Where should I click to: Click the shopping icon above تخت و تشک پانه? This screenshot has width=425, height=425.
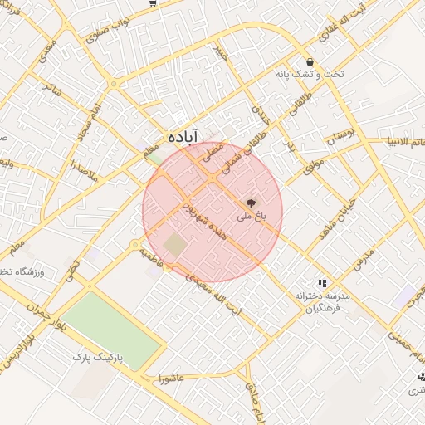[310, 61]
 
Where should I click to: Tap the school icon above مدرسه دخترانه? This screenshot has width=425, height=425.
[321, 283]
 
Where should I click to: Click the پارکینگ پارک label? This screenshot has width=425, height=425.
[96, 357]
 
